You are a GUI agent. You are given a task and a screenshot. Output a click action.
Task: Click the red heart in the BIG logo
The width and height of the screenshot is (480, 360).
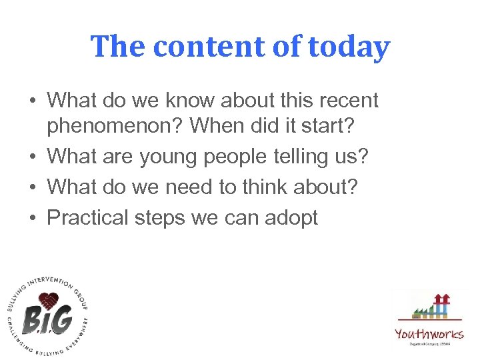coord(47,300)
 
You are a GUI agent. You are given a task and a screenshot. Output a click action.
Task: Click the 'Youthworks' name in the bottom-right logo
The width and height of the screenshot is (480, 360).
coord(429,333)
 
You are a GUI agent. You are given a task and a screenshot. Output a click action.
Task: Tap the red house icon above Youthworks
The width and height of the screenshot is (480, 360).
coord(441,300)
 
